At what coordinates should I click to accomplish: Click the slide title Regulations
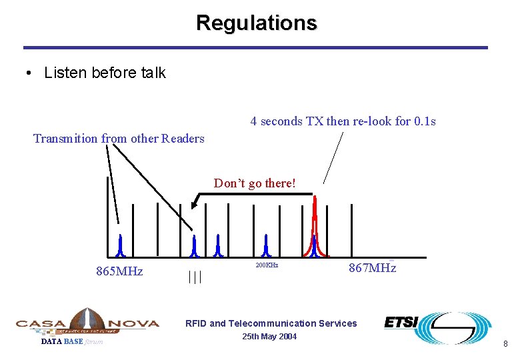257,23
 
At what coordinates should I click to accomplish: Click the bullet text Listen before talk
105,73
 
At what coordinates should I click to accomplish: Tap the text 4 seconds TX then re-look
343,121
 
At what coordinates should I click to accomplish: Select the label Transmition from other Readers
119,139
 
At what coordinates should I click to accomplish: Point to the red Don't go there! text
255,183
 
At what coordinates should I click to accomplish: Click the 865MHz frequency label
120,271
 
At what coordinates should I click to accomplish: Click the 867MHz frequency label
372,268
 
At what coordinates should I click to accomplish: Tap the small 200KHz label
267,265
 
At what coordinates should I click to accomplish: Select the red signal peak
316,227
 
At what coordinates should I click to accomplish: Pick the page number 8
505,344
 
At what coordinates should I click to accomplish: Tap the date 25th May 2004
270,337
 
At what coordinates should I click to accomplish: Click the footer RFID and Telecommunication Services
271,323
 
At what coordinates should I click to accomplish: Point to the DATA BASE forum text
72,342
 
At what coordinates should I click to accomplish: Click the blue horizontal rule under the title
255,48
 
